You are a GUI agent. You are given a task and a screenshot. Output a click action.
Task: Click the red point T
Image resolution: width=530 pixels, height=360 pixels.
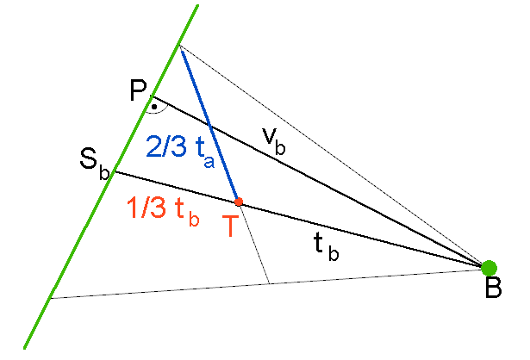coord(239,202)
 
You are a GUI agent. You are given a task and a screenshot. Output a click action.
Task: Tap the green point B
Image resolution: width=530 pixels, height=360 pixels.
coord(489,268)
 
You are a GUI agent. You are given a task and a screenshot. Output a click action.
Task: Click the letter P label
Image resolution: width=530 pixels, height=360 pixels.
coord(138,90)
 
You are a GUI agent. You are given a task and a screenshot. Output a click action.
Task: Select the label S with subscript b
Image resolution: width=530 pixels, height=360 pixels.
coord(95,164)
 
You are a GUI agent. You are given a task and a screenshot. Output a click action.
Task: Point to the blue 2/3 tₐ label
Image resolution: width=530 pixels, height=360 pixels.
coord(180,150)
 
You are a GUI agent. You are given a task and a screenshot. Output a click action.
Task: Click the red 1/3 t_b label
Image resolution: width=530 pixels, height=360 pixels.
coord(163,210)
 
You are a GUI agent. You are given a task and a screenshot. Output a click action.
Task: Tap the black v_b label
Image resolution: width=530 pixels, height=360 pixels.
coord(274,141)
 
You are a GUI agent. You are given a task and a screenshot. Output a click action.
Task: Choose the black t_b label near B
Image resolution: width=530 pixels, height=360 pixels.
coord(326,247)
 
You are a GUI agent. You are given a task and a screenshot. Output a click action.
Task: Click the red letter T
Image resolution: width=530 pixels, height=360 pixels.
coord(231,226)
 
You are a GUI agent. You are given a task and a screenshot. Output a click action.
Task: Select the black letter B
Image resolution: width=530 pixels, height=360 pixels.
coord(494,288)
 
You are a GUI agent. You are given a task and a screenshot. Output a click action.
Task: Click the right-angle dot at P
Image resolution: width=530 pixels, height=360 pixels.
coord(154,107)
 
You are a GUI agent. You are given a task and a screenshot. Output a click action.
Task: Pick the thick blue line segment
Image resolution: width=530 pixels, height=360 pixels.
coord(209,124)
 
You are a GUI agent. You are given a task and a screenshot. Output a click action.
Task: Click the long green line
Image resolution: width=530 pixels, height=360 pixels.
coord(111,177)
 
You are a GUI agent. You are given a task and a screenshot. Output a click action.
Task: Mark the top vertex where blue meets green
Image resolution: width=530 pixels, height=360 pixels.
coord(179,46)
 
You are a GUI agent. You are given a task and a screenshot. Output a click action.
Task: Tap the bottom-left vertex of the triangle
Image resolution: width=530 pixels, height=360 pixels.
coord(51,298)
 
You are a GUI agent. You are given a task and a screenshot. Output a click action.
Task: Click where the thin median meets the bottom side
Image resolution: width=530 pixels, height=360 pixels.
coord(269,283)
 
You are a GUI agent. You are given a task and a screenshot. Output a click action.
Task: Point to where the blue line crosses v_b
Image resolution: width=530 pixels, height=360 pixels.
coord(211,127)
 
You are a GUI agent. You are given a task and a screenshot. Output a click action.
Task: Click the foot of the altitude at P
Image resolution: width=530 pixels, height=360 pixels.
coord(152,96)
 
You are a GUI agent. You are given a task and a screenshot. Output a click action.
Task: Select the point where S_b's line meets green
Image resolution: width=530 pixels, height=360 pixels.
coord(114,172)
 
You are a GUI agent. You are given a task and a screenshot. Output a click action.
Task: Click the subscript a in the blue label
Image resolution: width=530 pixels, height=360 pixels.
coord(209,162)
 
